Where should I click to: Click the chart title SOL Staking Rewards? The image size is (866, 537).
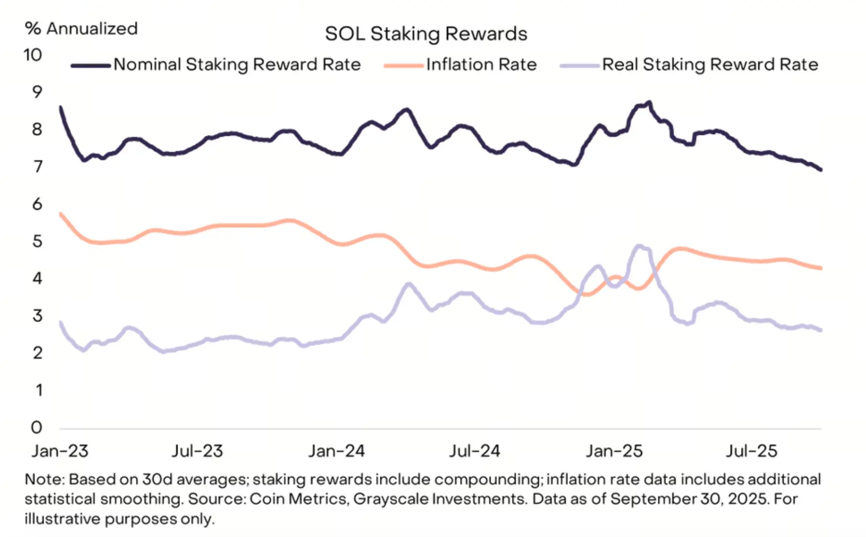(x=426, y=34)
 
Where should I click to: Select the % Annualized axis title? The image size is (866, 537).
(x=81, y=29)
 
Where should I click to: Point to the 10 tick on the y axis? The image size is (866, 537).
(x=33, y=55)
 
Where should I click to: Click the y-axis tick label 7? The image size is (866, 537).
(x=37, y=167)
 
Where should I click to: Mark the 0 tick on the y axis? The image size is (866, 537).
(x=37, y=427)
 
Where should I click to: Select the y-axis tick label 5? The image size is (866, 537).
(x=37, y=241)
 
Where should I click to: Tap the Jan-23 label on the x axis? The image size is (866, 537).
(x=60, y=451)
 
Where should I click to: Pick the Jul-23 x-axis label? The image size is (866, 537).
(x=198, y=451)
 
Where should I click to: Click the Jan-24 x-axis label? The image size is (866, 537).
(x=336, y=451)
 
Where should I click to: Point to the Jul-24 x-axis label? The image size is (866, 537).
(x=475, y=451)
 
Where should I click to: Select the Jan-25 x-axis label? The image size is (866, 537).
(x=614, y=451)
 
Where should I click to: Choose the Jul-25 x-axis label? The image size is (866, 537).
(x=752, y=451)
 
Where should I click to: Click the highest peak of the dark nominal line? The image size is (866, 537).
(x=649, y=102)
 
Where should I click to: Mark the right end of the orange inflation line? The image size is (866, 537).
(x=821, y=268)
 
